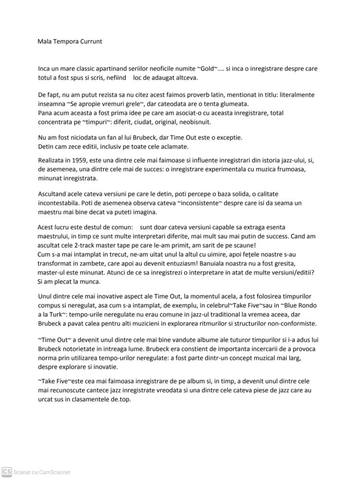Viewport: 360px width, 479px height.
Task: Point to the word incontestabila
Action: tap(63, 203)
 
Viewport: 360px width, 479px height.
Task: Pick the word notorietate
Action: tap(86, 348)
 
